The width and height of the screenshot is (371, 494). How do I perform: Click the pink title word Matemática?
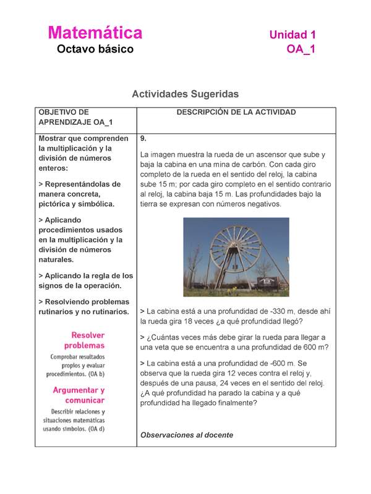coord(95,33)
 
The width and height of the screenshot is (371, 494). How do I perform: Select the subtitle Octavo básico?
coord(95,49)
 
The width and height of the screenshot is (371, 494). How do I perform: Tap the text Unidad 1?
coord(292,35)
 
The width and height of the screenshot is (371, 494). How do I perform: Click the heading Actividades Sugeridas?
coord(185,94)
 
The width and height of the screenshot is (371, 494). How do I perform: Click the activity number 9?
coord(143,138)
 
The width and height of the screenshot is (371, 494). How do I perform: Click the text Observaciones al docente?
coord(187,435)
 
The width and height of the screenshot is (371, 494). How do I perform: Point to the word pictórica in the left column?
coord(56,204)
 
